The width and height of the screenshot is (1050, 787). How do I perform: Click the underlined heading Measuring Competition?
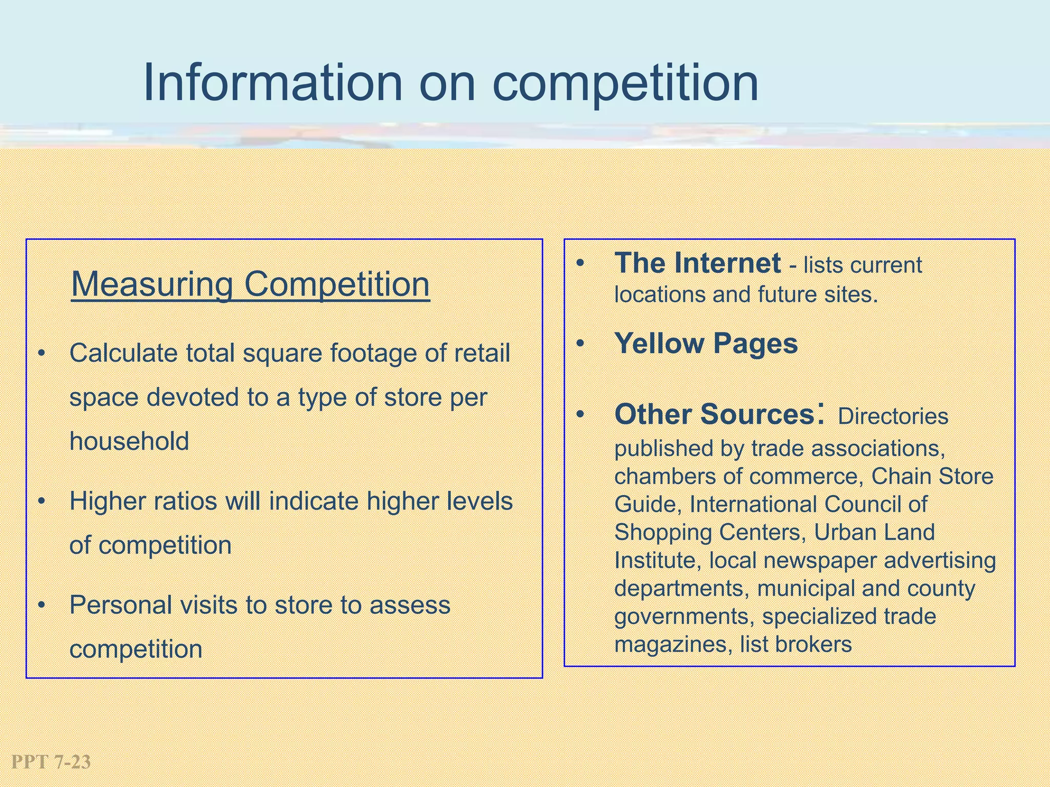click(x=250, y=284)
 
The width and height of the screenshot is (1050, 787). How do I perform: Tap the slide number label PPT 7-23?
click(x=51, y=762)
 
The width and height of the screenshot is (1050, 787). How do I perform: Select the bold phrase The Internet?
click(x=697, y=263)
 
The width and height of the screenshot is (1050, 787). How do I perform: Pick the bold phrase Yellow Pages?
click(x=706, y=343)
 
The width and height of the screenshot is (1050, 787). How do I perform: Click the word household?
click(x=129, y=441)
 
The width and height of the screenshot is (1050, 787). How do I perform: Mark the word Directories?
click(x=893, y=416)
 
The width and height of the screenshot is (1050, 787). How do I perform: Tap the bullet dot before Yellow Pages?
click(x=580, y=344)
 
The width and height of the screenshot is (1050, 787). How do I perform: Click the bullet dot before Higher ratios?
click(x=42, y=502)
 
